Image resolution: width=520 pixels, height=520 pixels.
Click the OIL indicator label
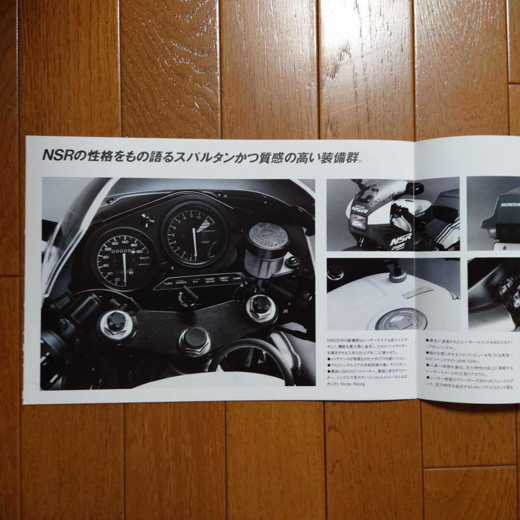point(195,282)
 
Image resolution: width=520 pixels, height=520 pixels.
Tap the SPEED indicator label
point(181,283)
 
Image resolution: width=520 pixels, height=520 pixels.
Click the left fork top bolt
point(117,324)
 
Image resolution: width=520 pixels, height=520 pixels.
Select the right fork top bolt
point(261,306)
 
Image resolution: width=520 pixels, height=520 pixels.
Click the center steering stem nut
point(195,340)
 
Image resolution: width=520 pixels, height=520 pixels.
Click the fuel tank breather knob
point(398,276)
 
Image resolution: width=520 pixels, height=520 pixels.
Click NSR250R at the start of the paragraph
point(337,340)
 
